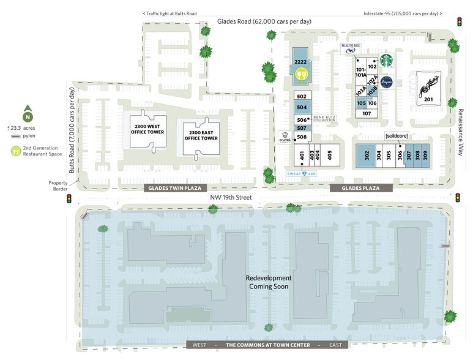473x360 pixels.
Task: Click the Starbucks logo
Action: pyautogui.click(x=386, y=61)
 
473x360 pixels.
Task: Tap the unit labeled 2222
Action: pyautogui.click(x=300, y=62)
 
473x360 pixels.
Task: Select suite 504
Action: pyautogui.click(x=301, y=107)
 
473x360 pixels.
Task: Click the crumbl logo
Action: pyautogui.click(x=285, y=138)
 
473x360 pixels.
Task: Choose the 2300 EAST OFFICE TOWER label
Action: pyautogui.click(x=201, y=135)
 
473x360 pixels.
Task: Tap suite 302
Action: pyautogui.click(x=365, y=156)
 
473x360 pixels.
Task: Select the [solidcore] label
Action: pyautogui.click(x=396, y=135)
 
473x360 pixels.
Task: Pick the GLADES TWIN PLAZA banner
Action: pyautogui.click(x=175, y=188)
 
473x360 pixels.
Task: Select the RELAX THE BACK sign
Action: pyautogui.click(x=351, y=48)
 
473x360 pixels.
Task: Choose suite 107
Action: pyautogui.click(x=367, y=113)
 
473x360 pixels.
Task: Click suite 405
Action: pyautogui.click(x=329, y=156)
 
